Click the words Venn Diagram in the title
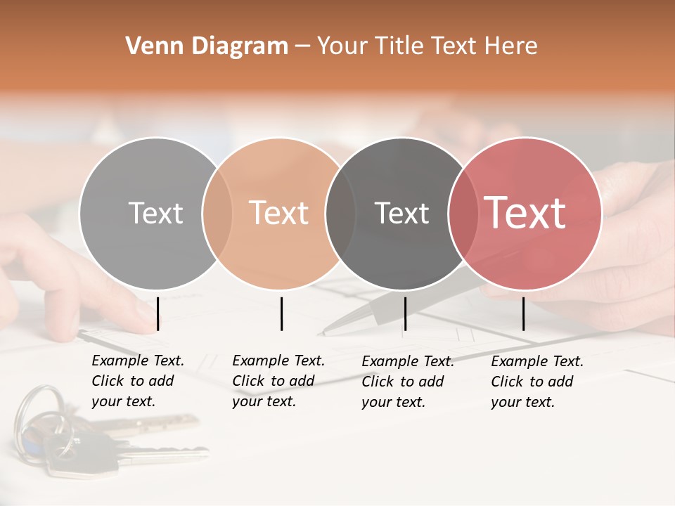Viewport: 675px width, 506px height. point(207,46)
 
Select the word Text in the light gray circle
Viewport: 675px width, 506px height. point(155,213)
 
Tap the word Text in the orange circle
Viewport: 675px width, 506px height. point(279,213)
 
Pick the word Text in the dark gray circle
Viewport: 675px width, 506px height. point(401,213)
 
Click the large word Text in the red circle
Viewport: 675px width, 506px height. point(525,212)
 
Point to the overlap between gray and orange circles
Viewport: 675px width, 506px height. point(217,214)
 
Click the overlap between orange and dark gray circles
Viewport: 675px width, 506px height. point(340,214)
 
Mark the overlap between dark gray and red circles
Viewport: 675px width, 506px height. point(461,214)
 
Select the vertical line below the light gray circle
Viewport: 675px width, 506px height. point(158,313)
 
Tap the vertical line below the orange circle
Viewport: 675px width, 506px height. point(281,313)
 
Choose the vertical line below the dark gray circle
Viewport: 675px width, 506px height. point(405,313)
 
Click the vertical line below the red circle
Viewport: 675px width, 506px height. point(523,313)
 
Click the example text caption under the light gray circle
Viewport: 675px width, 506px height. point(137,381)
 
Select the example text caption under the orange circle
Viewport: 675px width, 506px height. point(278,381)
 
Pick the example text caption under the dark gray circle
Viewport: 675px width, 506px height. point(407,382)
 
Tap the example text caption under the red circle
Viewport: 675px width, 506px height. point(536,382)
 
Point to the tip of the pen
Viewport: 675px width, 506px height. point(321,333)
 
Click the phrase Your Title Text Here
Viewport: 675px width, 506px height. point(427,46)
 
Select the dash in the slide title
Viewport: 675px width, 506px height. point(302,46)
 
